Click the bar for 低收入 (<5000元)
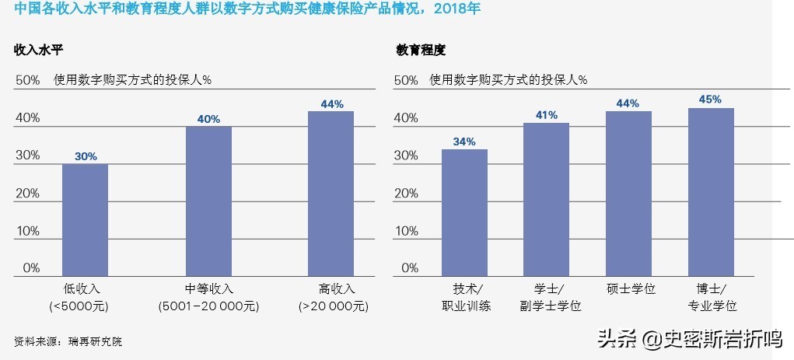pos(85,220)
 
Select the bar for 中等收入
pos(208,201)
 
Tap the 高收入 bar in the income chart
pos(331,194)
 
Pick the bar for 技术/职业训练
pos(464,212)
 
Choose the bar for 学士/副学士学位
pos(546,199)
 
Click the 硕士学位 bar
pos(628,194)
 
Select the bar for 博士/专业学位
pos(711,192)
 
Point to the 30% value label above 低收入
pos(86,156)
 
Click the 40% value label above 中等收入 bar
pos(208,119)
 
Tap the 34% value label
pos(464,142)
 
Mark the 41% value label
pos(546,115)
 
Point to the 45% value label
pos(711,100)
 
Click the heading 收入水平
pos(38,50)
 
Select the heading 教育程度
pos(421,50)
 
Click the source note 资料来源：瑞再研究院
pos(68,341)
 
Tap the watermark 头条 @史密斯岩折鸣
pos(688,339)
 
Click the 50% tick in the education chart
pos(406,79)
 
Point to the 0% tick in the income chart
pos(30,268)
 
